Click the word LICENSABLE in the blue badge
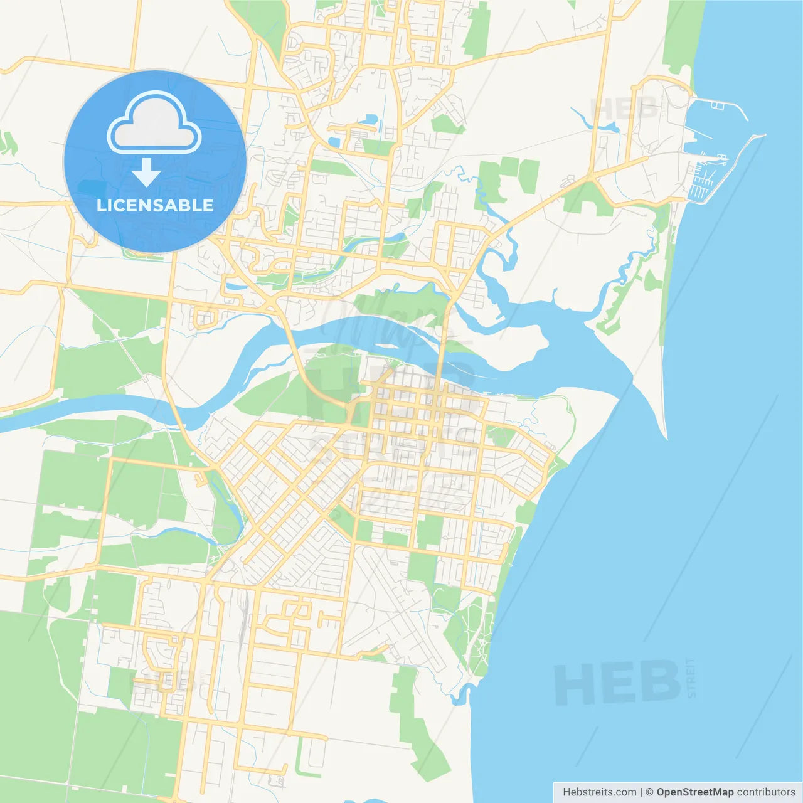coord(155,205)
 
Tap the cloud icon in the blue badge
coord(154,124)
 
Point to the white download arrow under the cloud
coord(147,172)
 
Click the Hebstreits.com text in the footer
coord(600,792)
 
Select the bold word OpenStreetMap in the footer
coord(694,792)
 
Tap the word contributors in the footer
coord(765,792)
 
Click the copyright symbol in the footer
coord(649,792)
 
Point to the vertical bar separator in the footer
coord(641,792)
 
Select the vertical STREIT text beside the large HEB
coord(691,678)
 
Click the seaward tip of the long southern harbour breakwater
coord(763,136)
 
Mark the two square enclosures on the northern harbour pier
coord(718,105)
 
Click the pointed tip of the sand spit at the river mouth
coord(664,435)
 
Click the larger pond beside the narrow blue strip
coord(371,119)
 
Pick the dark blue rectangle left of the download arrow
coord(93,187)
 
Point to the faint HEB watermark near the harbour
coord(624,109)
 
